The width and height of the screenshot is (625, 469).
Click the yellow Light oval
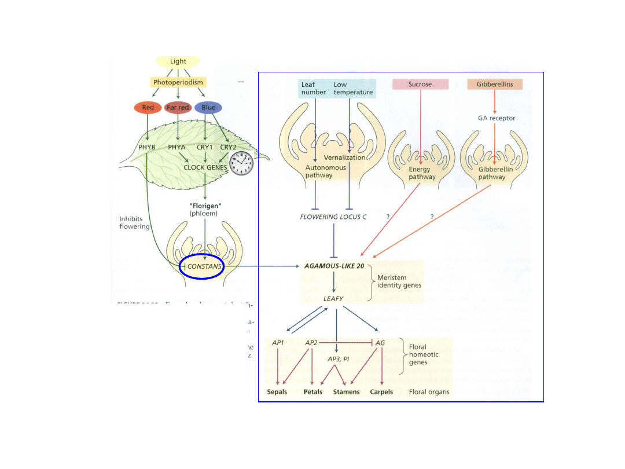coord(178,61)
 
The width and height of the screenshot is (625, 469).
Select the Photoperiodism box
coord(178,83)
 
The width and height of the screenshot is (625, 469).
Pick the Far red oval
coord(178,107)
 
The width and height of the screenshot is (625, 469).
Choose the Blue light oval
coord(208,107)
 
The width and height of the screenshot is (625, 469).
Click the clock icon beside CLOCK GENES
coord(241,163)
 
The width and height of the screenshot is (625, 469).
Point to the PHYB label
coord(147,148)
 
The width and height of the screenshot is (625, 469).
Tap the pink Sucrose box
coord(420,84)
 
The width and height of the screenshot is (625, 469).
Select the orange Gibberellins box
coord(494,84)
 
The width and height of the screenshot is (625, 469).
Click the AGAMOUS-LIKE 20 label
coord(334,266)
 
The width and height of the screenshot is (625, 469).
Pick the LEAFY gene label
coord(333,299)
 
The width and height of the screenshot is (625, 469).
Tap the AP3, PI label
coord(338,359)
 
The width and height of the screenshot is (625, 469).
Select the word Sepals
coord(277,392)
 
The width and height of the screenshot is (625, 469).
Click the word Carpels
coord(381,392)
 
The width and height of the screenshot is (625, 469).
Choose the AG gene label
coord(380,343)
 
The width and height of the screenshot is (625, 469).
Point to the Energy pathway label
coord(422,173)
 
